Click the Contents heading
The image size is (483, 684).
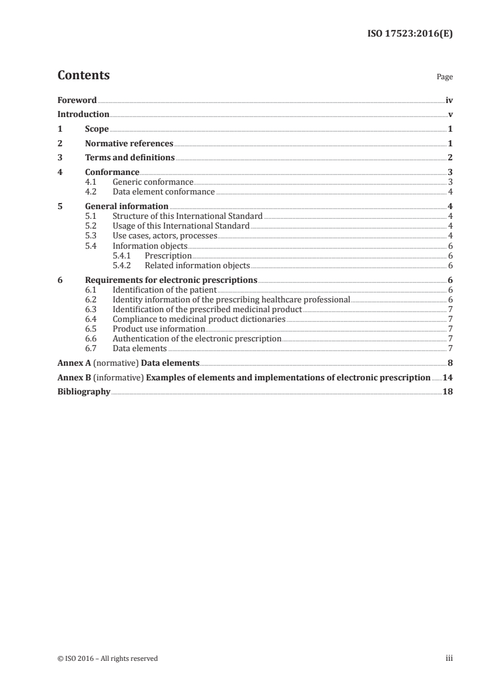(x=83, y=76)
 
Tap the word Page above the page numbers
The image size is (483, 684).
(x=445, y=77)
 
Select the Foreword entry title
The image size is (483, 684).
(x=77, y=100)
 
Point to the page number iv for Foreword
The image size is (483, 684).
(x=449, y=100)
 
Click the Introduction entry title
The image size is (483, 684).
(x=83, y=115)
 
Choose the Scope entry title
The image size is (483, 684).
(x=97, y=129)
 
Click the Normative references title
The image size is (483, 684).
(x=129, y=144)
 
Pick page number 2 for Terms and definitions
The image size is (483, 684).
(x=450, y=159)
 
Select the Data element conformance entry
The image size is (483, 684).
(x=163, y=192)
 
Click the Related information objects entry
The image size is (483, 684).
(x=197, y=266)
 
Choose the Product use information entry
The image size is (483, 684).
(x=158, y=329)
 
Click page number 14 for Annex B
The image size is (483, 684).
(x=448, y=377)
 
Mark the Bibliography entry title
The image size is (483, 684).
(x=83, y=392)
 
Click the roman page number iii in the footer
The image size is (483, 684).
(x=449, y=658)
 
